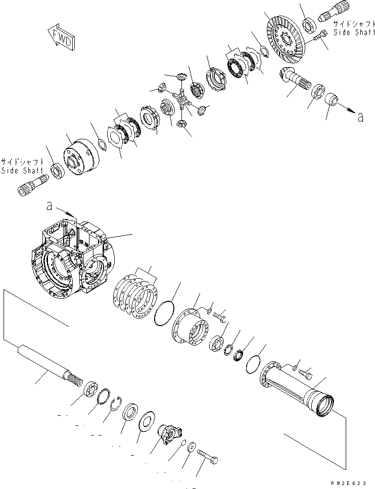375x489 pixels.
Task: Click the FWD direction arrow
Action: pyautogui.click(x=60, y=38)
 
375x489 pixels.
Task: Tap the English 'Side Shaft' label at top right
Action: pyautogui.click(x=353, y=32)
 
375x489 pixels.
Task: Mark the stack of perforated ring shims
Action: pyautogui.click(x=137, y=297)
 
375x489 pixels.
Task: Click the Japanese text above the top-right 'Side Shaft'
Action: pyautogui.click(x=354, y=23)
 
